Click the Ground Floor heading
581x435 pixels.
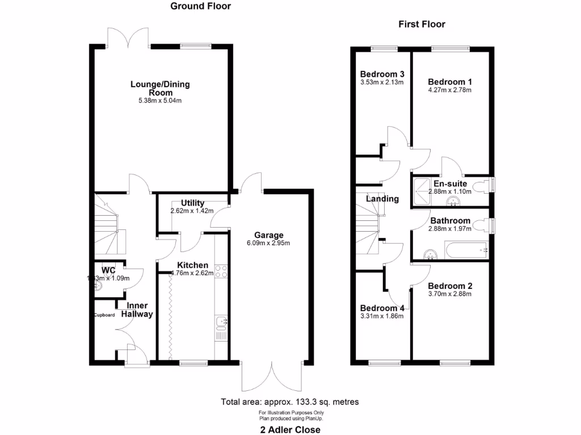click(x=201, y=6)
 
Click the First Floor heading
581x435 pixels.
click(x=422, y=24)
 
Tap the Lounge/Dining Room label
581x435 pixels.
click(x=160, y=88)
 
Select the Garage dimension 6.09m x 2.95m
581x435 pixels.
click(x=268, y=244)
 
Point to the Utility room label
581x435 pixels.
click(x=192, y=203)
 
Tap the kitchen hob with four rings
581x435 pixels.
click(x=221, y=271)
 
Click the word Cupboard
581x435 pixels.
click(x=104, y=315)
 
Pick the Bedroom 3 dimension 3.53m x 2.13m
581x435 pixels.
click(x=382, y=82)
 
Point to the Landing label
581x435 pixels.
click(x=382, y=199)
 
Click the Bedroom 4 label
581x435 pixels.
click(x=382, y=308)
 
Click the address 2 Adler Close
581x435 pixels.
click(x=289, y=429)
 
